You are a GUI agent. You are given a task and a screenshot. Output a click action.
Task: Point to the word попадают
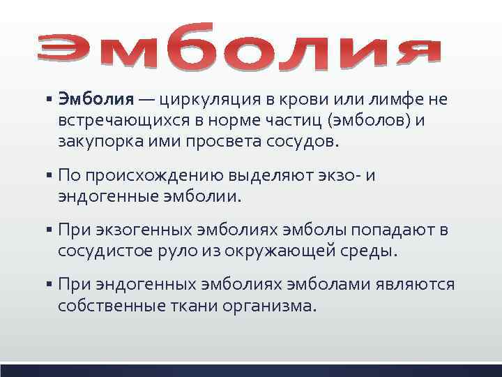392,229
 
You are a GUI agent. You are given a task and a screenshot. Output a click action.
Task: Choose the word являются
416,284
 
